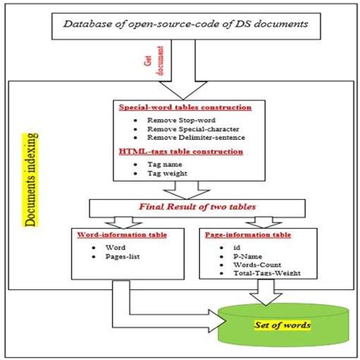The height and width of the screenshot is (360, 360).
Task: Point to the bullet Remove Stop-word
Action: click(x=182, y=119)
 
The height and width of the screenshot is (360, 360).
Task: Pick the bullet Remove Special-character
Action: click(x=193, y=130)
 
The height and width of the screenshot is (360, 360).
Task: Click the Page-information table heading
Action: click(x=248, y=235)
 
